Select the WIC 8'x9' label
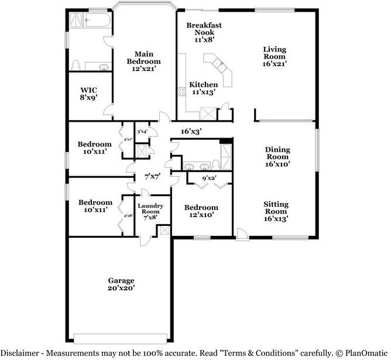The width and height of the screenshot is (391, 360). [x=88, y=94]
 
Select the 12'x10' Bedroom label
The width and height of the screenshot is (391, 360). [x=201, y=211]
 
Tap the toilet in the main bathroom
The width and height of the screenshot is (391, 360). [x=75, y=64]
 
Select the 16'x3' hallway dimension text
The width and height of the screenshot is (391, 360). [x=191, y=132]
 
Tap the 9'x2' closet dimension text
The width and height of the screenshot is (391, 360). [x=209, y=178]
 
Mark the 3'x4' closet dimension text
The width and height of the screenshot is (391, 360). [x=142, y=132]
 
